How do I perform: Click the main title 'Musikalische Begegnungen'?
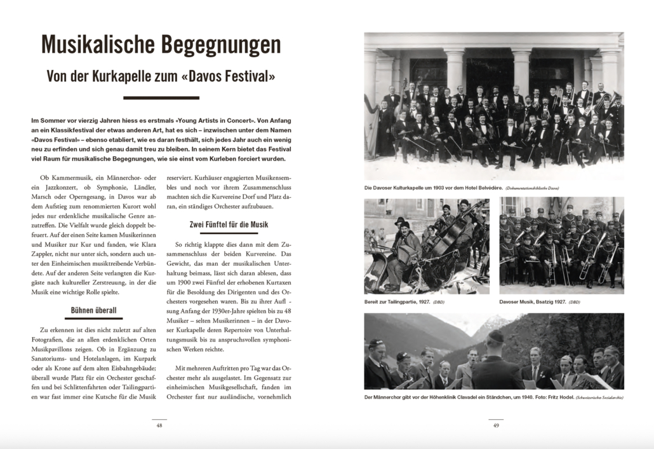[x=161, y=45]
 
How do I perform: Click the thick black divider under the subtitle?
[x=161, y=98]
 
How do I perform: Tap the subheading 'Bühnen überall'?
[x=93, y=311]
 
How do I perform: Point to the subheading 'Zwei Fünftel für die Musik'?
[x=229, y=224]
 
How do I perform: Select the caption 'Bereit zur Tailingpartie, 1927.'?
[x=397, y=301]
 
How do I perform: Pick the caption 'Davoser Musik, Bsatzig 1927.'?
[x=531, y=301]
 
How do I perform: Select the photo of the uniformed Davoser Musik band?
[x=561, y=245]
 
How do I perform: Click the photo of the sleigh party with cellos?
[x=426, y=245]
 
